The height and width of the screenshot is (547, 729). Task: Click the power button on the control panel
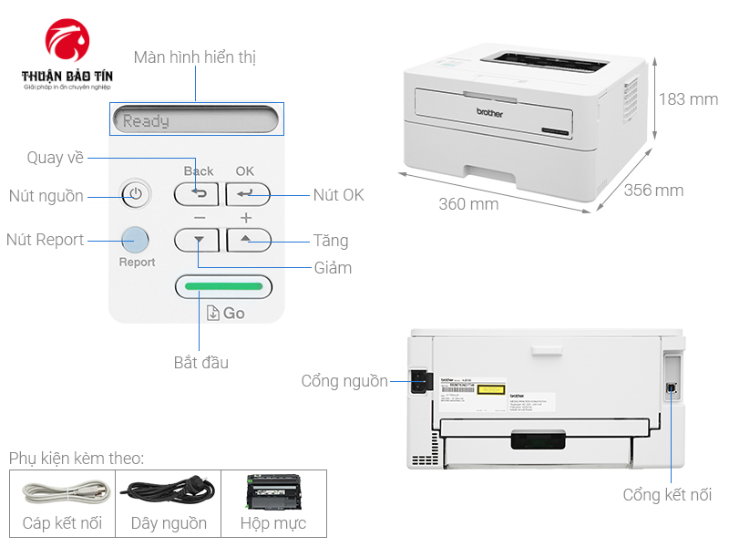135,194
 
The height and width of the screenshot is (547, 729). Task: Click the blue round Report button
134,240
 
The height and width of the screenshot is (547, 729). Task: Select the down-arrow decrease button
198,240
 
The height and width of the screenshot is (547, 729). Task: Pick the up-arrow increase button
248,240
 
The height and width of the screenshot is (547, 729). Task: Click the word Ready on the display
146,120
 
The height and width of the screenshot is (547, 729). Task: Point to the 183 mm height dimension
688,98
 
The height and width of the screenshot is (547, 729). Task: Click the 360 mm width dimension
468,204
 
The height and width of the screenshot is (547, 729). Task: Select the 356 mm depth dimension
653,190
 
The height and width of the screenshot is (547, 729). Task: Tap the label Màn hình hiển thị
194,57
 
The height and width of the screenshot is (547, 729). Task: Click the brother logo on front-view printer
490,112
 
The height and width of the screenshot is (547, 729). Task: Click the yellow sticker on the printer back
491,388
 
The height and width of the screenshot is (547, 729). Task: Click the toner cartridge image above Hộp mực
272,492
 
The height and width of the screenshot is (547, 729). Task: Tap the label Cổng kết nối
667,495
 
